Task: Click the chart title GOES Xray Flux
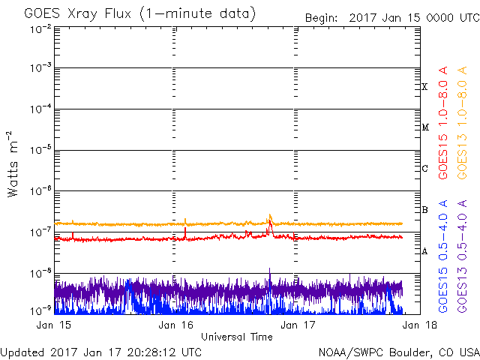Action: pyautogui.click(x=77, y=13)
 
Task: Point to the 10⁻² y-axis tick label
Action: pyautogui.click(x=40, y=29)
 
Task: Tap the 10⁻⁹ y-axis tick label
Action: pyautogui.click(x=40, y=311)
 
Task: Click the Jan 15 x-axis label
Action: pyautogui.click(x=54, y=325)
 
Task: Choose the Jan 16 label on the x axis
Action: pyautogui.click(x=175, y=325)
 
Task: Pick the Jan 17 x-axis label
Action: pyautogui.click(x=298, y=325)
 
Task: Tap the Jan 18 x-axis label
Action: pyautogui.click(x=420, y=325)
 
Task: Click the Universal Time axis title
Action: pyautogui.click(x=237, y=337)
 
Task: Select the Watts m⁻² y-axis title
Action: pyautogui.click(x=13, y=164)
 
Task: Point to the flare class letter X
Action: pyautogui.click(x=424, y=87)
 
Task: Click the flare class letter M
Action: pyautogui.click(x=425, y=127)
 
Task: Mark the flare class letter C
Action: pyautogui.click(x=424, y=168)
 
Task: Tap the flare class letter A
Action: pyautogui.click(x=424, y=251)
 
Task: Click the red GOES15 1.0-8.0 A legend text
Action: pyautogui.click(x=443, y=123)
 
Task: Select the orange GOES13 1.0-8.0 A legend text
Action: pyautogui.click(x=462, y=123)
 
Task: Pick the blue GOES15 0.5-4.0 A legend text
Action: pyautogui.click(x=443, y=256)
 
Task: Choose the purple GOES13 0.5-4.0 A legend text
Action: pyautogui.click(x=462, y=256)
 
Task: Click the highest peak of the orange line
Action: pyautogui.click(x=270, y=214)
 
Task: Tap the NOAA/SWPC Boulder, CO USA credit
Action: pyautogui.click(x=399, y=352)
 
